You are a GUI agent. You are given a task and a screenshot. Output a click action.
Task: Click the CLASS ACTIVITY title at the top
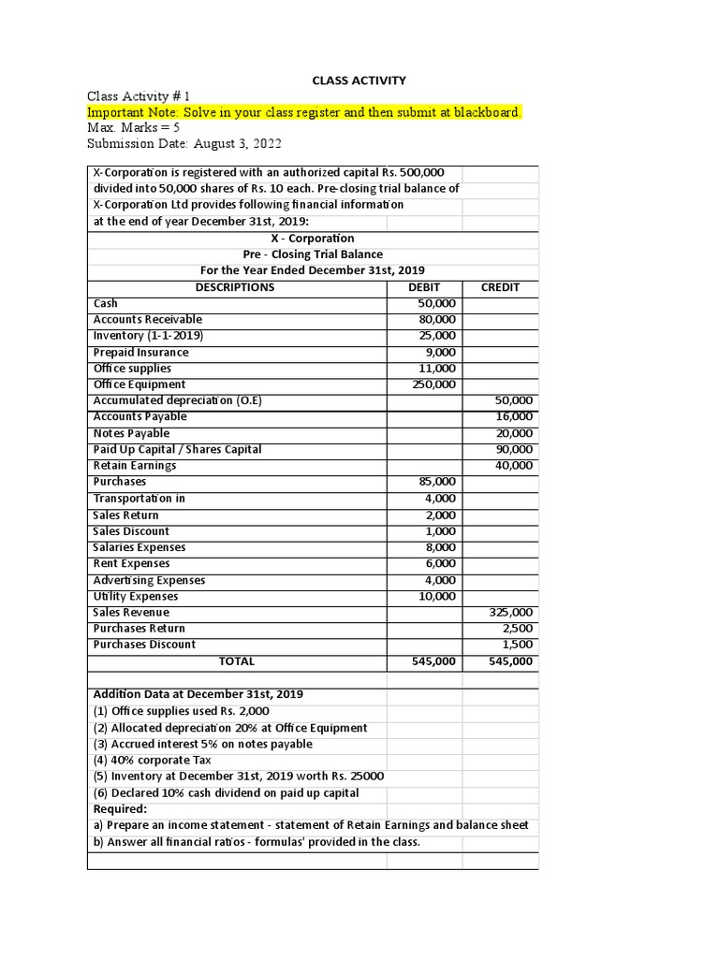pos(359,80)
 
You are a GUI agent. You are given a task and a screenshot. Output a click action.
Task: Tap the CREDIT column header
pos(500,287)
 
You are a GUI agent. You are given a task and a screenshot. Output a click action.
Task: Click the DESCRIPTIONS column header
pos(235,287)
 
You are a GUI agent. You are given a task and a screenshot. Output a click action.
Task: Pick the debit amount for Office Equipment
pos(434,385)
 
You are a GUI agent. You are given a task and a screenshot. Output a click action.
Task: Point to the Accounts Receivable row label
pos(147,320)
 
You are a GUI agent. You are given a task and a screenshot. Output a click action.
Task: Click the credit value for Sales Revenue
pos(511,612)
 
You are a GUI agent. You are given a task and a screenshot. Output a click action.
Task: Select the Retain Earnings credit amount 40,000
pos(514,466)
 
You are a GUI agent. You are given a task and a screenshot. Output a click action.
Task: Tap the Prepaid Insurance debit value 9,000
pos(440,353)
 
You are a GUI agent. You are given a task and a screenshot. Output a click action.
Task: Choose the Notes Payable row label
pos(131,433)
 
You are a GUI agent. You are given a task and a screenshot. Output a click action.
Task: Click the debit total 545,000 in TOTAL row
pos(434,661)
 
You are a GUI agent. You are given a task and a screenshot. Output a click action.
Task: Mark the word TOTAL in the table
pos(236,661)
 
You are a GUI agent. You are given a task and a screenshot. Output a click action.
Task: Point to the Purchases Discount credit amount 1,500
pos(517,645)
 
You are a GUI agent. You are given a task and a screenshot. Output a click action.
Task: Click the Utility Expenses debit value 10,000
pos(437,596)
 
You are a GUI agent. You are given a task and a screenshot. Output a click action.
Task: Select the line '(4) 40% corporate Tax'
pos(152,761)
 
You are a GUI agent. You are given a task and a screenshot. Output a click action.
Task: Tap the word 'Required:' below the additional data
pos(120,809)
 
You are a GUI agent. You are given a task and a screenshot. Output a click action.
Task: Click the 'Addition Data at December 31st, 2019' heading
pos(198,694)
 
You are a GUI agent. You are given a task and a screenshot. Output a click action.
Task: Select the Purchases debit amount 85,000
pos(437,482)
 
